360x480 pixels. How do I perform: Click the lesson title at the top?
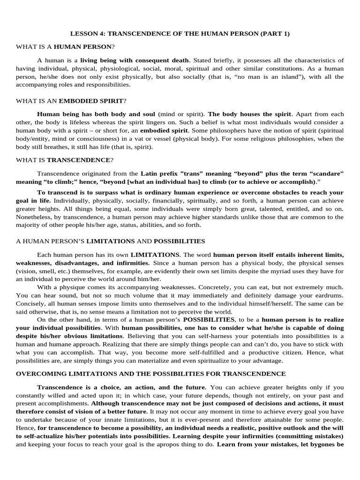[x=180, y=34]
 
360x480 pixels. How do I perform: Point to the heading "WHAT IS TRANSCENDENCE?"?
[x=65, y=160]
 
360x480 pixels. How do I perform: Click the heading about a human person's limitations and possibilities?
[x=111, y=241]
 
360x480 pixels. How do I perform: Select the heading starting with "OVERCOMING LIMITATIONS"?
[x=150, y=374]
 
